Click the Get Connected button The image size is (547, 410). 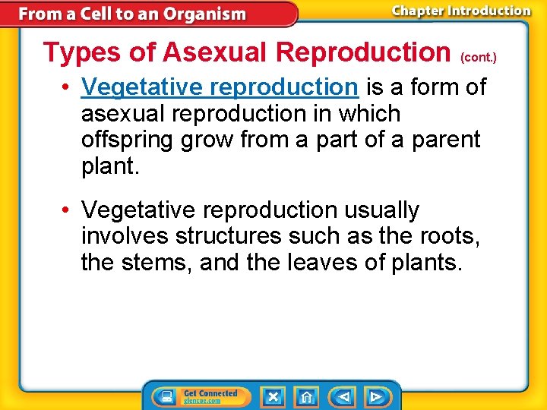click(x=201, y=396)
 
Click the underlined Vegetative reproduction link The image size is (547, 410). click(x=219, y=87)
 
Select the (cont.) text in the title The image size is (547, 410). click(x=479, y=57)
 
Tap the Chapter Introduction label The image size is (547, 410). click(x=461, y=11)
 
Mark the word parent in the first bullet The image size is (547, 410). click(x=446, y=140)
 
